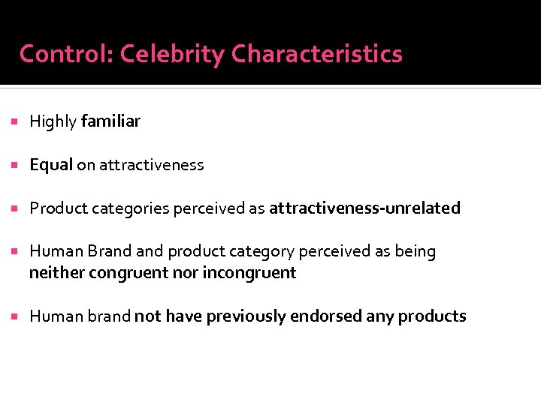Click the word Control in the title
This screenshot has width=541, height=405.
pyautogui.click(x=65, y=54)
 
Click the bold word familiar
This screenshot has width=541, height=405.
pyautogui.click(x=110, y=121)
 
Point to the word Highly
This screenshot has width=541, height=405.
pyautogui.click(x=53, y=121)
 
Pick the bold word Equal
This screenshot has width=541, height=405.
pyautogui.click(x=50, y=165)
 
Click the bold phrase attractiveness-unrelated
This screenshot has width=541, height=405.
pyautogui.click(x=364, y=208)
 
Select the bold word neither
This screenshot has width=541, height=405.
pyautogui.click(x=56, y=273)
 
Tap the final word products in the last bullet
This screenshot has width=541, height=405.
pyautogui.click(x=432, y=316)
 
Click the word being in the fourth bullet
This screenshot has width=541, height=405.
pyautogui.click(x=416, y=252)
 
